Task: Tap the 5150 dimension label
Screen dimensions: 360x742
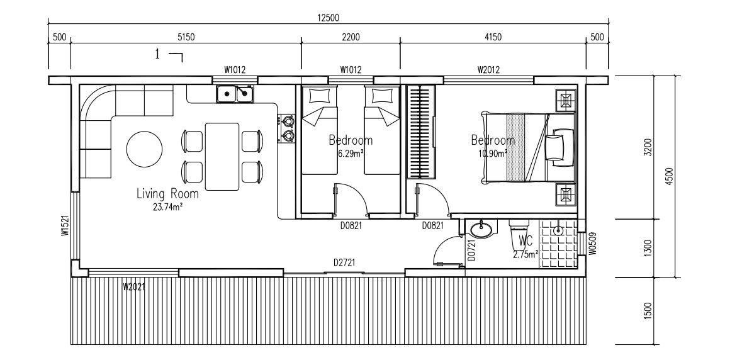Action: (x=186, y=38)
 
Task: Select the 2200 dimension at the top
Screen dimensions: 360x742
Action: (x=351, y=38)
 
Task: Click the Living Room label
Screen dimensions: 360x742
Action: (x=167, y=194)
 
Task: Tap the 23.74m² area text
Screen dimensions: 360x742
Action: (x=167, y=206)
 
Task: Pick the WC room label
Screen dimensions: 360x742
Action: (x=526, y=241)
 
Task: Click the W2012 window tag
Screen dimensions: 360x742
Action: (x=488, y=70)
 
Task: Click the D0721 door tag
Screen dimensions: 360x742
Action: (x=470, y=249)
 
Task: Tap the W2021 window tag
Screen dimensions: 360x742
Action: (x=135, y=288)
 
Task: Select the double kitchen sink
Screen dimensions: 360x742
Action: (x=235, y=94)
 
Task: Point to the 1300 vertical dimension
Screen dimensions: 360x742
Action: (x=648, y=248)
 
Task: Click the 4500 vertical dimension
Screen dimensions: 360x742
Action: (x=670, y=176)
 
